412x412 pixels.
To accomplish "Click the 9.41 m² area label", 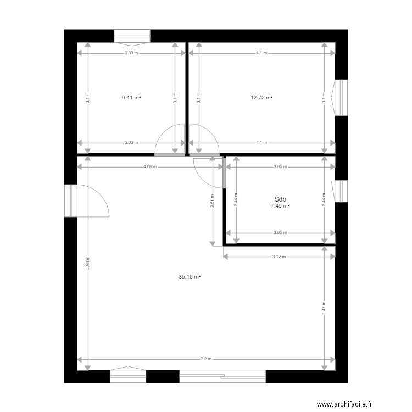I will (x=131, y=98).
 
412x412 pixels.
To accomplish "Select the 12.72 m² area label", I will (x=261, y=98).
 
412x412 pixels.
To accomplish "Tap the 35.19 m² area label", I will (x=190, y=277).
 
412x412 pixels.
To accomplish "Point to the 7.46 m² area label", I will (x=280, y=206).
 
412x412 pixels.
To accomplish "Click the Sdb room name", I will (x=280, y=200).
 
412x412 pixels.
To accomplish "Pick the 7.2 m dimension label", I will (x=205, y=359).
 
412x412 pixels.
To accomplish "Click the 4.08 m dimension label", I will (x=149, y=166).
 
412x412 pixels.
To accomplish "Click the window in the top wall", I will (x=132, y=36).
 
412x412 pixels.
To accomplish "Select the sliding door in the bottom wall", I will (x=222, y=376).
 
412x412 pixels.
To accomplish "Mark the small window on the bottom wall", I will (x=128, y=376).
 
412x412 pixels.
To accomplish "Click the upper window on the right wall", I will (x=341, y=98).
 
